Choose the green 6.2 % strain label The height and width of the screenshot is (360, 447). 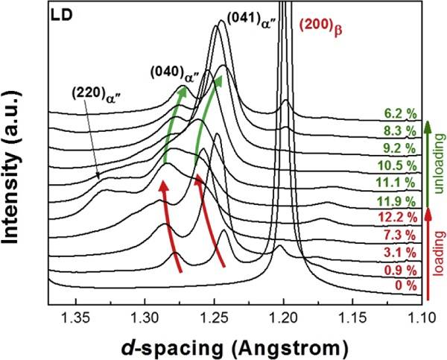point(401,115)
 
